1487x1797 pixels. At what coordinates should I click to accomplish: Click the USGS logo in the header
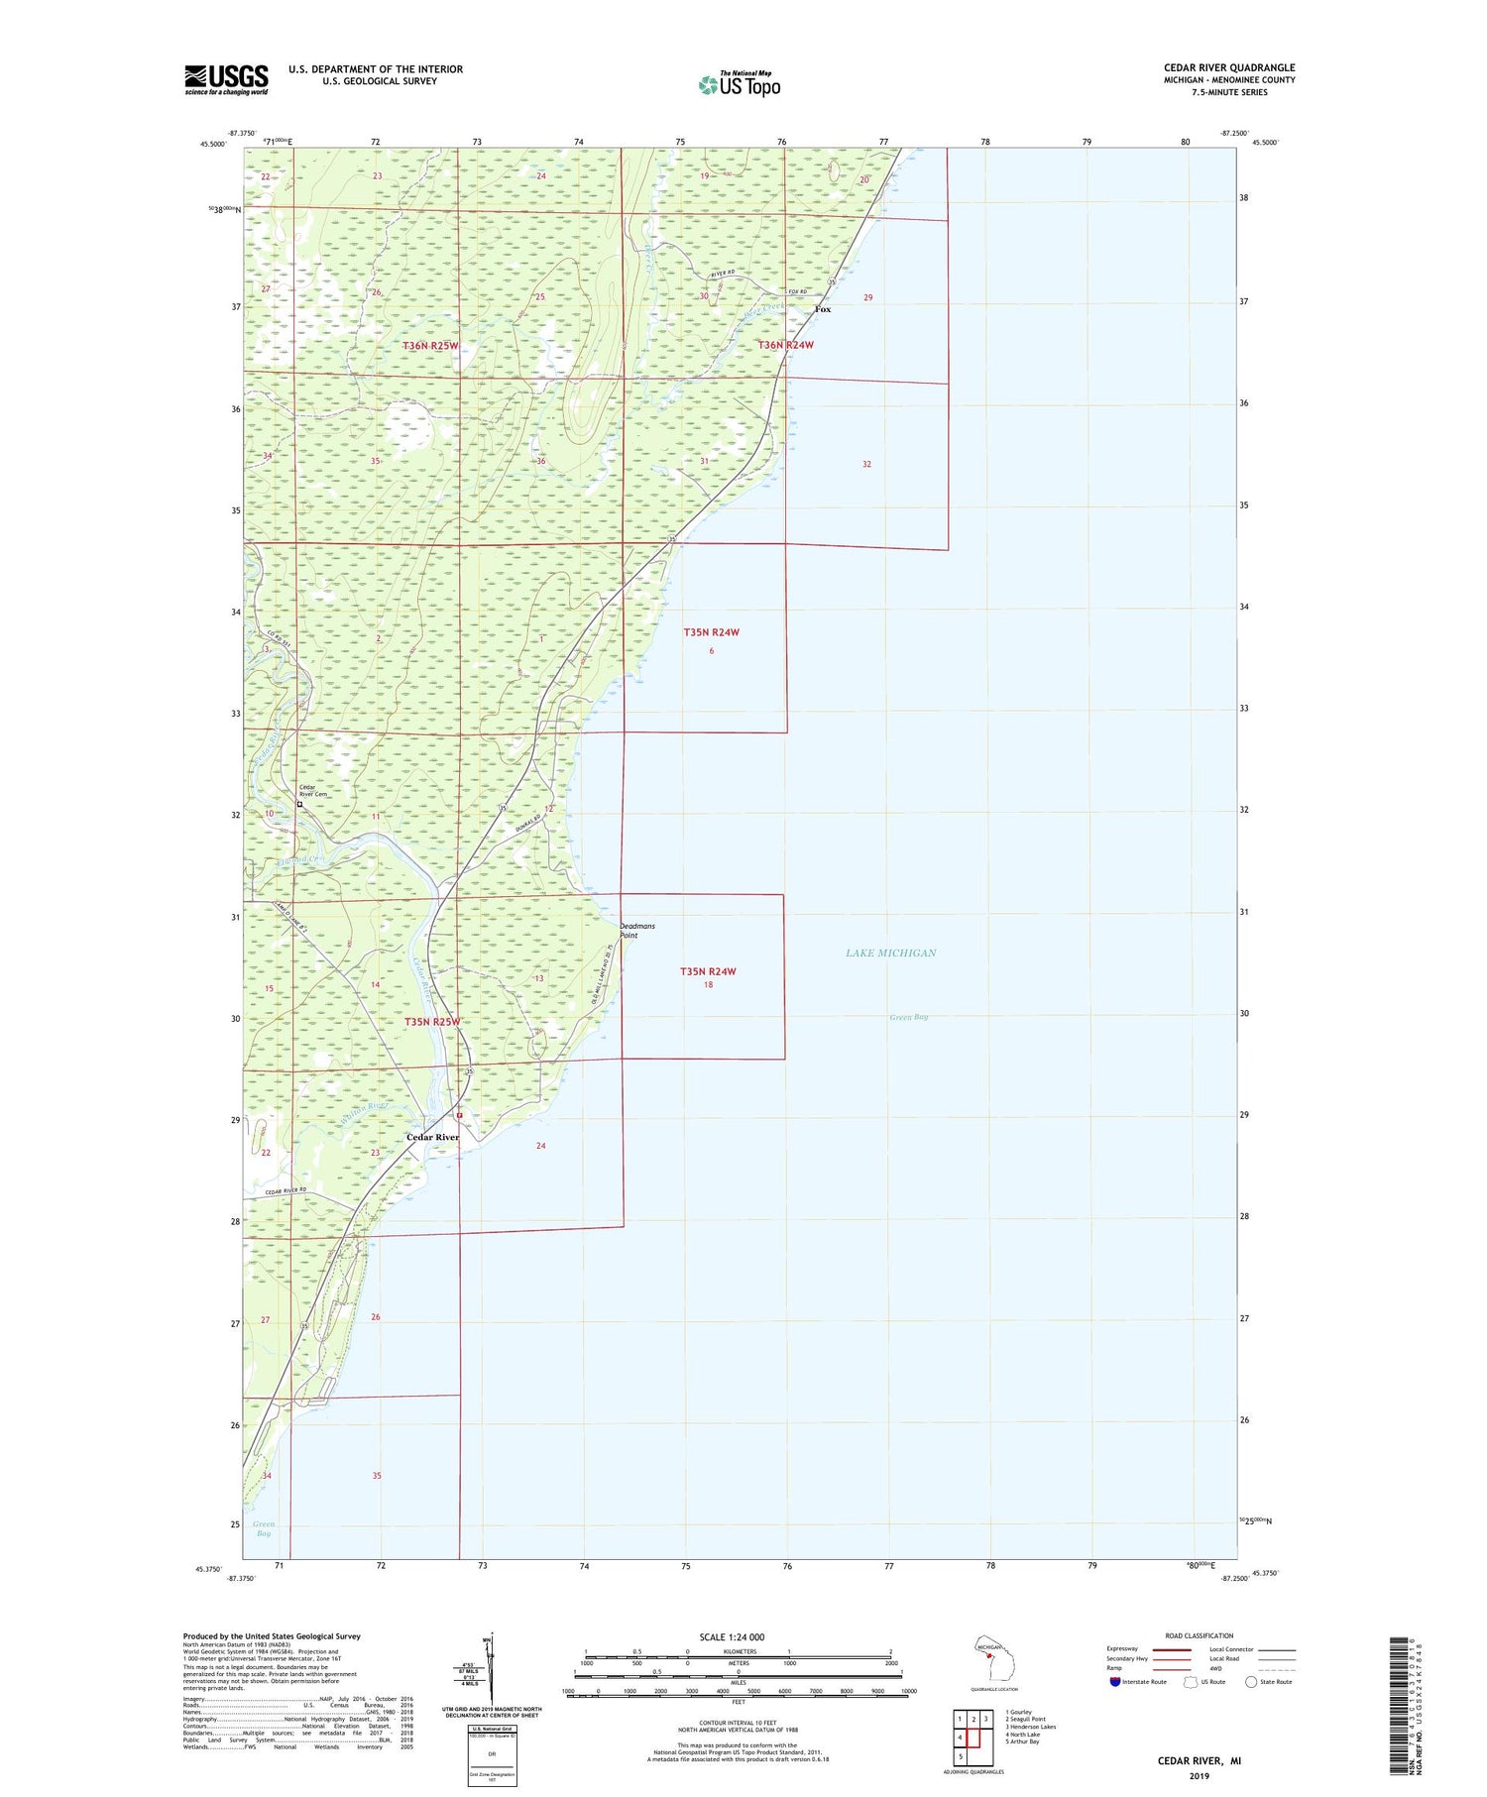pyautogui.click(x=226, y=79)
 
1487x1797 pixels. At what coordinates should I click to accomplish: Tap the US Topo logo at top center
pyautogui.click(x=740, y=84)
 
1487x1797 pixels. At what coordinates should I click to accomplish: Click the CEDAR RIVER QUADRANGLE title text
pyautogui.click(x=1228, y=67)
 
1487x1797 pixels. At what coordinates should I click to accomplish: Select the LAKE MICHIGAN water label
pyautogui.click(x=890, y=953)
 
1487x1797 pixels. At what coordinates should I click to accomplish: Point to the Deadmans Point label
pyautogui.click(x=636, y=930)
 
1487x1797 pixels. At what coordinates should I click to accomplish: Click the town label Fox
pyautogui.click(x=823, y=309)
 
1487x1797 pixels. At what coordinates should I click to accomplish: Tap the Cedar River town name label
pyautogui.click(x=432, y=1137)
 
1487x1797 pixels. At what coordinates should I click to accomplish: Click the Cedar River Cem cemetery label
pyautogui.click(x=313, y=792)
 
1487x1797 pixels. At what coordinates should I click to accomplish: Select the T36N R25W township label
pyautogui.click(x=431, y=345)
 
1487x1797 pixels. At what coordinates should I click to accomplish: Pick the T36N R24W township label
pyautogui.click(x=785, y=345)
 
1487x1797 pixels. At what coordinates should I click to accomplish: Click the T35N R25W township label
pyautogui.click(x=432, y=1021)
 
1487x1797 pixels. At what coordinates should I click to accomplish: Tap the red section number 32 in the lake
pyautogui.click(x=866, y=464)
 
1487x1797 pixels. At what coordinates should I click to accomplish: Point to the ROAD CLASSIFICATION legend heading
pyautogui.click(x=1200, y=1635)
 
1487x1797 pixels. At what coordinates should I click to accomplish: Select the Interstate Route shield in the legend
pyautogui.click(x=1115, y=1681)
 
